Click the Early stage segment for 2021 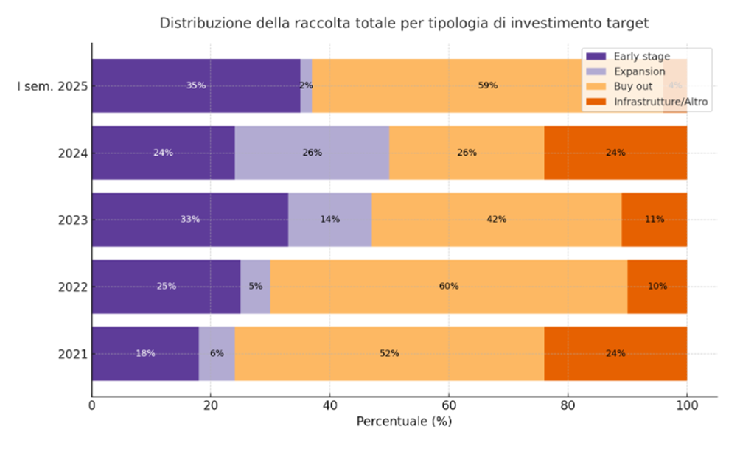click(145, 354)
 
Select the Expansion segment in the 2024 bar click(312, 153)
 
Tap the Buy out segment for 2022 click(449, 287)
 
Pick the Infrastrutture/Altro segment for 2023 click(654, 220)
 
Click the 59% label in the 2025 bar click(487, 85)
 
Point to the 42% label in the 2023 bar click(496, 220)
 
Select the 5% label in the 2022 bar click(255, 287)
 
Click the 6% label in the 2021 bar click(217, 354)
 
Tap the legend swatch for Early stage click(595, 57)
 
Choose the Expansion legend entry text click(639, 71)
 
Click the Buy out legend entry click(632, 87)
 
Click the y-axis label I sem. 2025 click(52, 86)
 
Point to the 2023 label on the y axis click(73, 220)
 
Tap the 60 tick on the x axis click(449, 405)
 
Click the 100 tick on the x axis click(687, 405)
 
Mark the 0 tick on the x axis click(92, 405)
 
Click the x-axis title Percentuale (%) click(404, 422)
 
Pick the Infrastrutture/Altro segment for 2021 click(615, 354)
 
